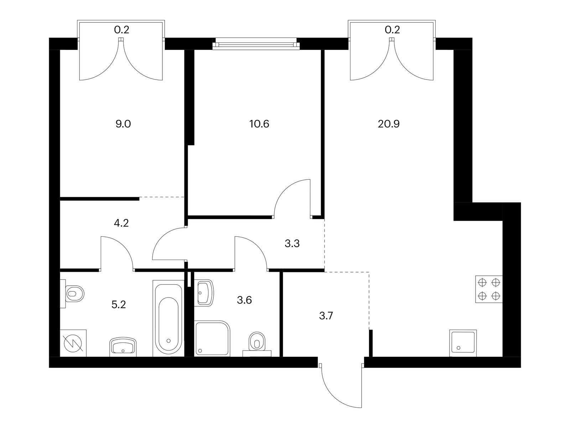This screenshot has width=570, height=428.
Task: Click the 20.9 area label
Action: (x=388, y=124)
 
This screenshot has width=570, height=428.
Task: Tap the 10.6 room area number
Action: (x=259, y=124)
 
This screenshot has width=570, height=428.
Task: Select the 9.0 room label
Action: (x=123, y=124)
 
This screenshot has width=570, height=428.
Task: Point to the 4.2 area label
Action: (x=121, y=223)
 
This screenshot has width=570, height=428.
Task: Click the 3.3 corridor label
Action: (x=292, y=244)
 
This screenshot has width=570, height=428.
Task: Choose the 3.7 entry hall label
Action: (x=326, y=316)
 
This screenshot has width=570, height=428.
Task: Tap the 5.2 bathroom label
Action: (x=119, y=304)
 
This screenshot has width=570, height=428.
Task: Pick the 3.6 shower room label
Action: (x=244, y=300)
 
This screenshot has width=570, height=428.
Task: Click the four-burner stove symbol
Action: (x=489, y=289)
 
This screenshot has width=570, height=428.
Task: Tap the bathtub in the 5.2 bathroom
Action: (x=168, y=319)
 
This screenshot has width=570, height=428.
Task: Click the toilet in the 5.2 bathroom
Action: (x=72, y=294)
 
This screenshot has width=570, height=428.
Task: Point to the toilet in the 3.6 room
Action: (x=257, y=343)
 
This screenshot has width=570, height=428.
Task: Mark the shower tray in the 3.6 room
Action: (x=212, y=338)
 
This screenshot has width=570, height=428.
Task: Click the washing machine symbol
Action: (x=73, y=343)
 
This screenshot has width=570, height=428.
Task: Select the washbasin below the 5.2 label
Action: (x=123, y=347)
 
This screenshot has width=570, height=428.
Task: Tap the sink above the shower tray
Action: (x=204, y=293)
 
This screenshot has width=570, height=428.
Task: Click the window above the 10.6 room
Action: (x=254, y=44)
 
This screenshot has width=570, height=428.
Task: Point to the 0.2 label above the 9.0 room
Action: (x=121, y=30)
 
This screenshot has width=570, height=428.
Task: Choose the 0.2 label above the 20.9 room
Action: (x=392, y=30)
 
